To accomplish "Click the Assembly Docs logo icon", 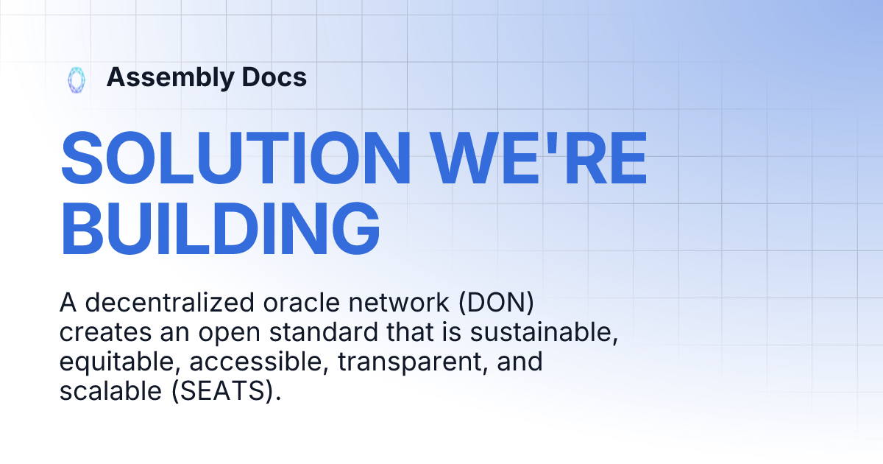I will coord(76,79).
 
